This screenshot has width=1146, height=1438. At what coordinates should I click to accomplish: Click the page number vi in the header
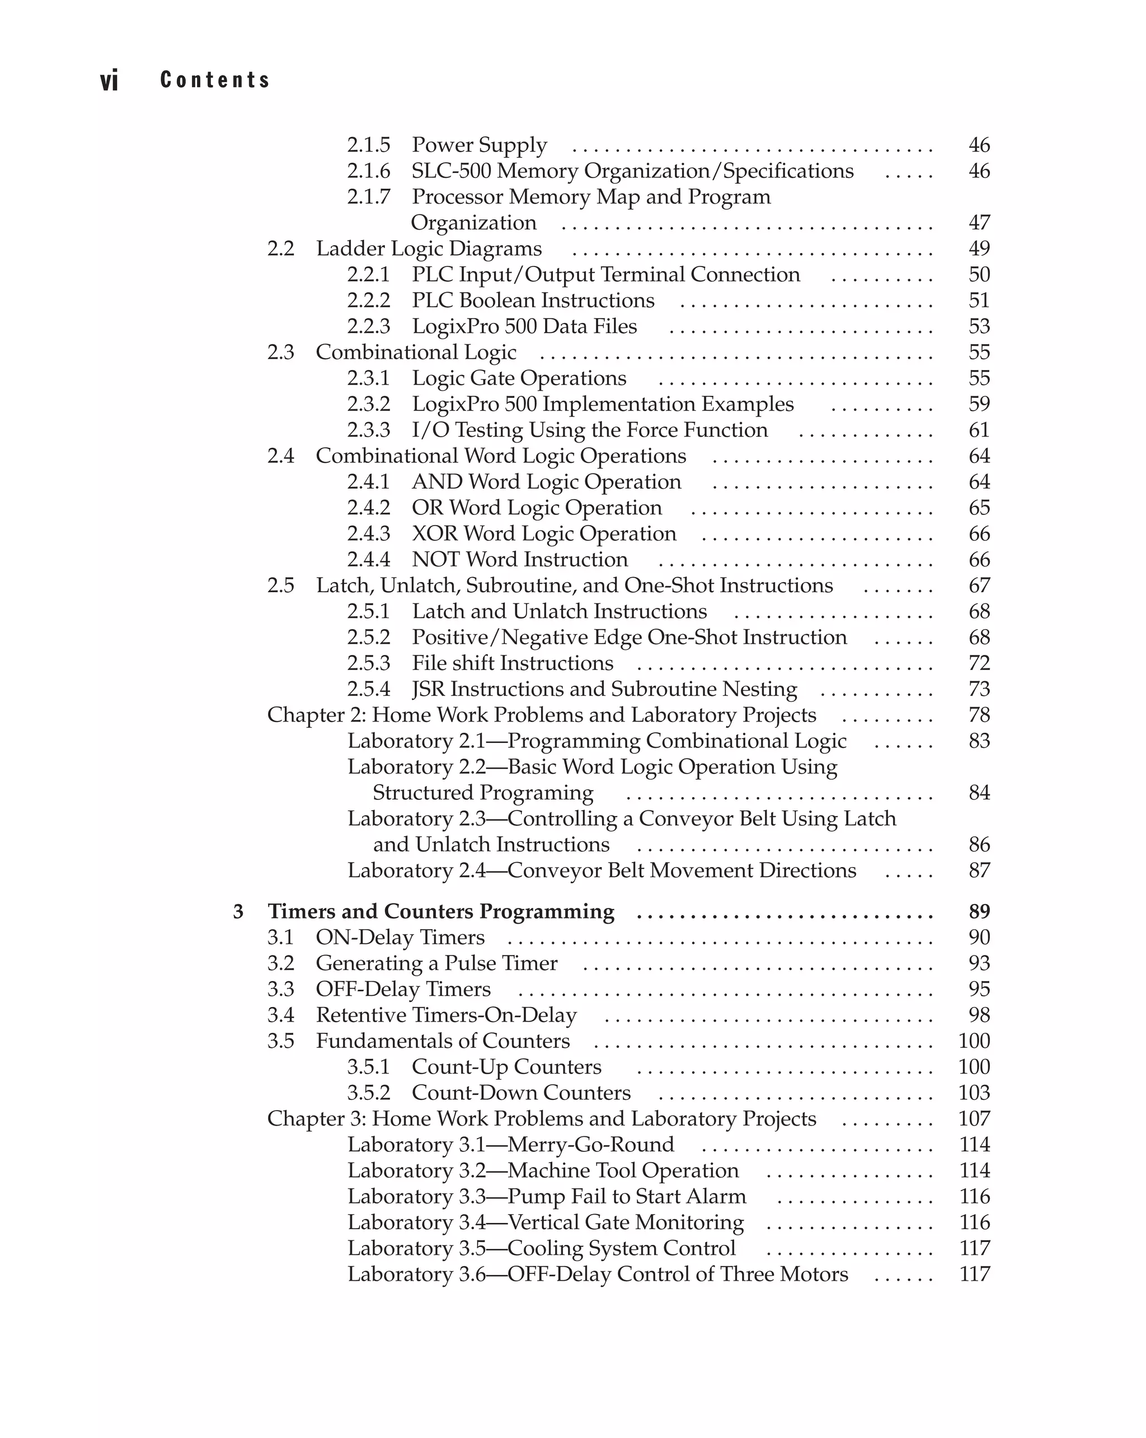coord(109,80)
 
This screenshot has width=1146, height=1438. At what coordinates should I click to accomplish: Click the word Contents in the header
coord(215,79)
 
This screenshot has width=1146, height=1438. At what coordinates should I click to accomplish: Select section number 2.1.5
coord(368,145)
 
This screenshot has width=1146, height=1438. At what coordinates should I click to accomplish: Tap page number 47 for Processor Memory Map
coord(978,222)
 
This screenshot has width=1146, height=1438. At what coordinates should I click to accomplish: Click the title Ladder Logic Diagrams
coord(429,248)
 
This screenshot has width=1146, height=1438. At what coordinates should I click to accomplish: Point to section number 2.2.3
coord(368,326)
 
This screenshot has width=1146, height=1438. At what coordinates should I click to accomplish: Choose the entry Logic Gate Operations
coord(519,378)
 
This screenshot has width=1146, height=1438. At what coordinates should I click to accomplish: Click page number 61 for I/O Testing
coord(978,430)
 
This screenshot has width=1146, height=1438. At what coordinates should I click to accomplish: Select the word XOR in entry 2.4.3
coord(434,533)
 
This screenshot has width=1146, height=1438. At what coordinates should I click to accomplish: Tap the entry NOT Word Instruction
coord(519,560)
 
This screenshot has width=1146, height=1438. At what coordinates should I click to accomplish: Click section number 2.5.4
coord(368,689)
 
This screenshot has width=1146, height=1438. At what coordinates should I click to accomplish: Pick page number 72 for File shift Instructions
coord(978,663)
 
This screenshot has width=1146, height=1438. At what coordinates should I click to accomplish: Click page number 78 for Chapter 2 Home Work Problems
coord(978,715)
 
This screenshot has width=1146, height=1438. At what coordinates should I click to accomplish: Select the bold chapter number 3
coord(238,912)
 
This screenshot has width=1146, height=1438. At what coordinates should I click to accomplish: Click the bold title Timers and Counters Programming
coord(441,912)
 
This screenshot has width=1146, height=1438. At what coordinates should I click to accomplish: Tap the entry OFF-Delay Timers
coord(403,989)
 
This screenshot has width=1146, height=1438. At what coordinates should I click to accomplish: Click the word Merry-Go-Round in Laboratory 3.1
coord(591,1145)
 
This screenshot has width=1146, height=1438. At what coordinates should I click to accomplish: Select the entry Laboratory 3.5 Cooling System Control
coord(541,1248)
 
